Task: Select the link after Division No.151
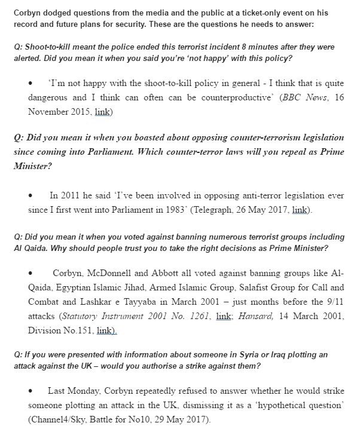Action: pyautogui.click(x=106, y=329)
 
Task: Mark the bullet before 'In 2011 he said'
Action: pyautogui.click(x=30, y=195)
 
